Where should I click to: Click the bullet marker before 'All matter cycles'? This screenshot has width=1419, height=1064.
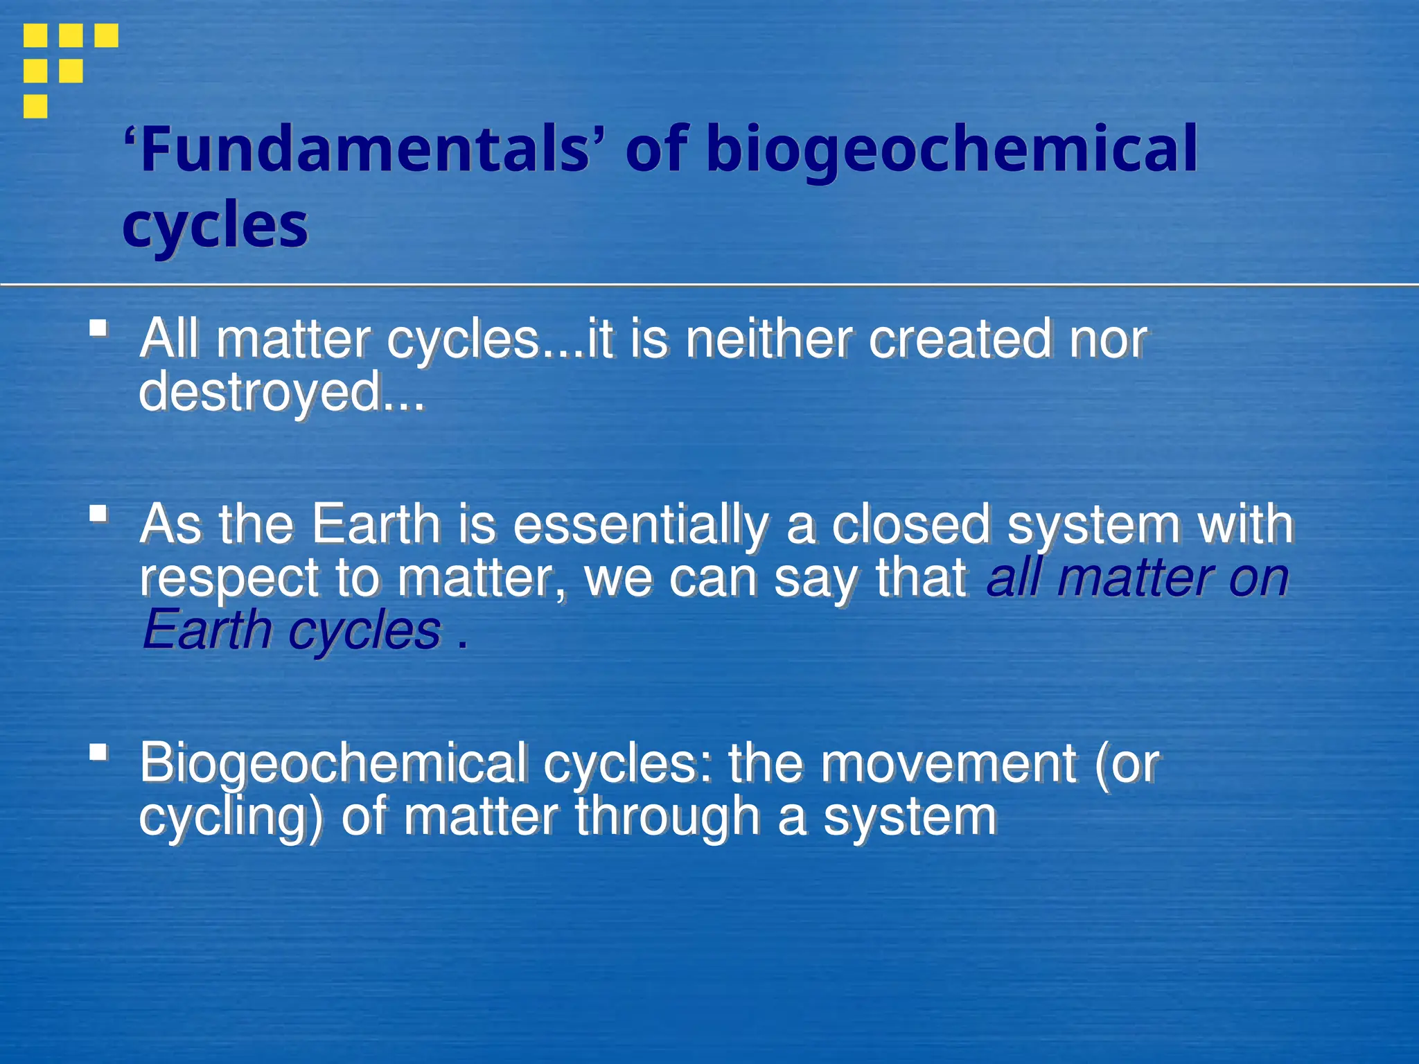[x=99, y=328]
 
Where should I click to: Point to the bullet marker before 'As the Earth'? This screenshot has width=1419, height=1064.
[x=99, y=514]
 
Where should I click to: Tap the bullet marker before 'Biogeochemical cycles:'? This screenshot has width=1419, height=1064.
[x=99, y=752]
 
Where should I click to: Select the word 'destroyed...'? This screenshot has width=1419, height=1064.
[x=281, y=392]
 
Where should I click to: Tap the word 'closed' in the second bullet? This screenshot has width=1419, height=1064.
[x=910, y=524]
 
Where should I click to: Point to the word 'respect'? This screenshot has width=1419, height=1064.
[x=229, y=578]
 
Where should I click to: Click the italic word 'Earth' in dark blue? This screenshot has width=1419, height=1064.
[x=206, y=630]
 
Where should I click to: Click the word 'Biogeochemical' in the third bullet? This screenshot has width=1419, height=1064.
[x=333, y=763]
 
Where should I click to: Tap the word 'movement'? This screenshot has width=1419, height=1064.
[x=949, y=763]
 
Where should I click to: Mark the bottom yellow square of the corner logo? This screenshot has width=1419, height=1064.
[x=35, y=107]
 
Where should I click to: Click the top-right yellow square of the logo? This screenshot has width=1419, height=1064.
[x=106, y=35]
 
